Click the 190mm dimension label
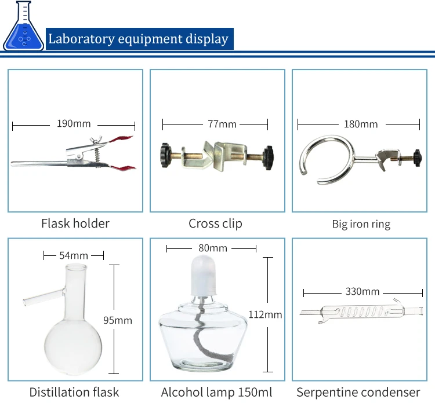(74, 124)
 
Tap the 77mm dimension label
(223, 124)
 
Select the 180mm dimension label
(361, 124)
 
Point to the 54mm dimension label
(74, 255)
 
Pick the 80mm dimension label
(213, 248)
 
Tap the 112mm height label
(265, 314)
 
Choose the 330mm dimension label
(362, 291)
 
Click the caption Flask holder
(75, 224)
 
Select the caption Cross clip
(215, 224)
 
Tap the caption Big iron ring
(361, 224)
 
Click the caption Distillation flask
(74, 392)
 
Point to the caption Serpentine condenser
(358, 392)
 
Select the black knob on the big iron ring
(416, 157)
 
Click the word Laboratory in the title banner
(81, 39)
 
